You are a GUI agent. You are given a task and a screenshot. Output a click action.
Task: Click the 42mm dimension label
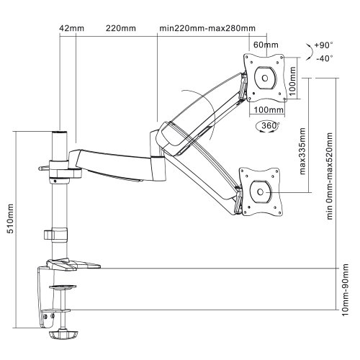point(72,28)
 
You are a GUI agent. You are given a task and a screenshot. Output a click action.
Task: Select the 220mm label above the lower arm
point(121,28)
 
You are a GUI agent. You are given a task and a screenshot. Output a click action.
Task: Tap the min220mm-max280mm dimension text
point(207,28)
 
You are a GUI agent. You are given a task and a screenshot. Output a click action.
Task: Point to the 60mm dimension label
point(266,45)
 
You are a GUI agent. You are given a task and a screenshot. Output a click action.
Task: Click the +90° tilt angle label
point(323,45)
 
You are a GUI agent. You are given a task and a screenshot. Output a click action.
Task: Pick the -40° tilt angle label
point(325,58)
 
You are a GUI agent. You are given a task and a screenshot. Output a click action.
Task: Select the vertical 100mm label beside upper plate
point(292,81)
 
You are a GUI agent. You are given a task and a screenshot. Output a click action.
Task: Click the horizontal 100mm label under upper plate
point(269,110)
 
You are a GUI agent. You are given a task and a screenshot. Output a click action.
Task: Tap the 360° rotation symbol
point(268,127)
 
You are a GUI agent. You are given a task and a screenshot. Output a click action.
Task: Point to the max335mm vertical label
point(302,151)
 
